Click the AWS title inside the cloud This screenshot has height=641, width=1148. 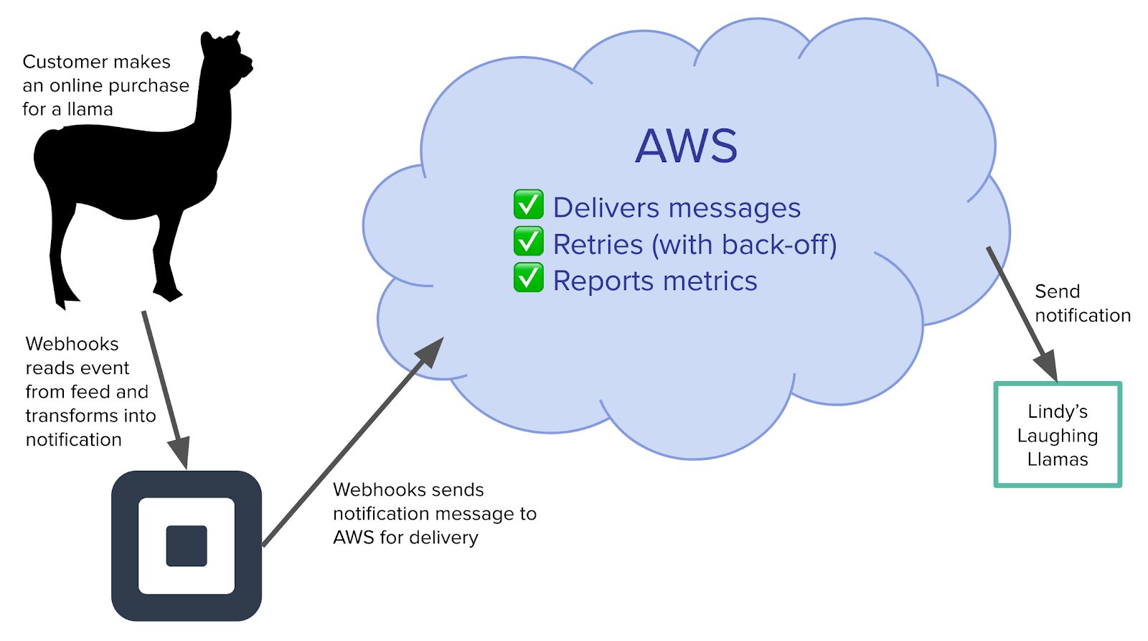pyautogui.click(x=686, y=146)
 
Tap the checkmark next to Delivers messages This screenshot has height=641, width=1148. pyautogui.click(x=528, y=205)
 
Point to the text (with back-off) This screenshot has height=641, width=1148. pyautogui.click(x=744, y=245)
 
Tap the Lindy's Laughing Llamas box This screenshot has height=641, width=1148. pyautogui.click(x=1057, y=435)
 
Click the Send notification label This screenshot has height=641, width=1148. pyautogui.click(x=1082, y=303)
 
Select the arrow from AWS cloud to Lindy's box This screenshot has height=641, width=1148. pyautogui.click(x=1022, y=313)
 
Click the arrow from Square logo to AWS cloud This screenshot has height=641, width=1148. pyautogui.click(x=352, y=443)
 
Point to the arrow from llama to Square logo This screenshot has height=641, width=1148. pyautogui.click(x=165, y=388)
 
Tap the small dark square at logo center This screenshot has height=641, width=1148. pyautogui.click(x=187, y=546)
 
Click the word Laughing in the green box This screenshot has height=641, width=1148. pyautogui.click(x=1057, y=436)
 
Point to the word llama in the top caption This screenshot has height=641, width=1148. pyautogui.click(x=90, y=109)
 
